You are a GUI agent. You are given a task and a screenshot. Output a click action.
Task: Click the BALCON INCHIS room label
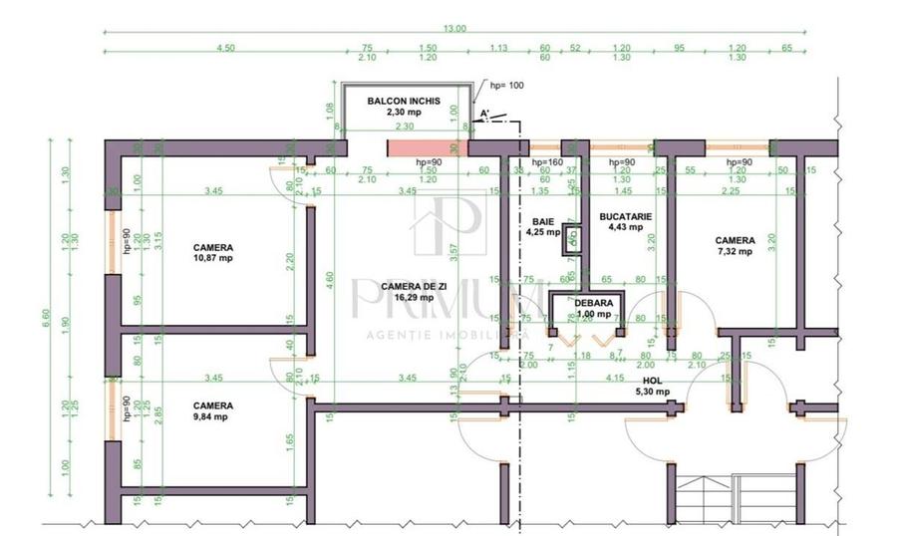point(405,102)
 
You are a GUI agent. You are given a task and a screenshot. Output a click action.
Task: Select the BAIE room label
point(542,221)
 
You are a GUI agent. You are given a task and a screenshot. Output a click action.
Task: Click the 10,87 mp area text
point(212,258)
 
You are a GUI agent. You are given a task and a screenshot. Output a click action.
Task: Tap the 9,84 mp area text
point(212,417)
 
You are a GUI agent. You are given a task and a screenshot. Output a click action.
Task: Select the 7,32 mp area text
point(735,252)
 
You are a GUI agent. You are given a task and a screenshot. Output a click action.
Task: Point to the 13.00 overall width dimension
point(454,29)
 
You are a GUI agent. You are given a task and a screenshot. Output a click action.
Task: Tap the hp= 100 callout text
point(503,86)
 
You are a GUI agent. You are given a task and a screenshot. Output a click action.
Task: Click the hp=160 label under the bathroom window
point(548,162)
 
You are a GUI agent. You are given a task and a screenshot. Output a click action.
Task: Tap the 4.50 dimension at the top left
point(226,47)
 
